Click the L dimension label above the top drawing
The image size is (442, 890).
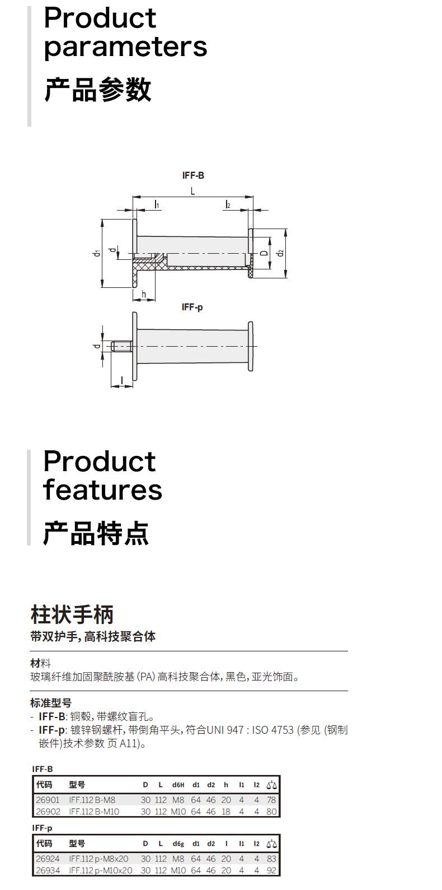192,191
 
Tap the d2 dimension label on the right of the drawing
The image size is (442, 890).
281,253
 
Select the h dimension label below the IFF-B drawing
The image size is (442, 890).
144,295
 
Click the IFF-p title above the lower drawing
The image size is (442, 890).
192,307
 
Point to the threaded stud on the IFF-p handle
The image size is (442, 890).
121,347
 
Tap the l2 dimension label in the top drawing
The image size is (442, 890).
228,205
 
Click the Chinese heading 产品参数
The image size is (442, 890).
97,90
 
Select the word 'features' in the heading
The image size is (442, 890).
102,490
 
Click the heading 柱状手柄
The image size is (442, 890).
72,614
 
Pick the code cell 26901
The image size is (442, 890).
48,800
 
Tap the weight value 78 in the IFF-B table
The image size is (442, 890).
271,800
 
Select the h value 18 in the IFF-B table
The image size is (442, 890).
226,811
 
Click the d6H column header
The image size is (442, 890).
178,785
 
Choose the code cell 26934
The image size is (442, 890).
48,870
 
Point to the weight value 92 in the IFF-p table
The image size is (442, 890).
271,870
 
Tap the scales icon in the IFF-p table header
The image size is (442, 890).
271,844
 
